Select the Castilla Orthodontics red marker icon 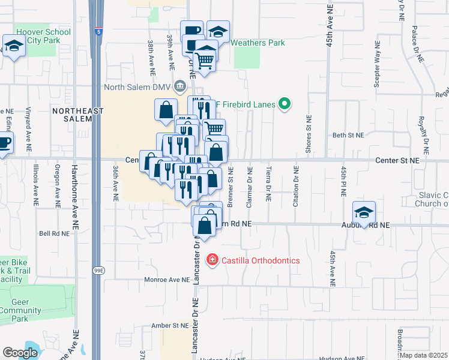212,260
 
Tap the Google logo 20,353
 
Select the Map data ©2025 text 424,355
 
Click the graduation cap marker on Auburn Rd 364,213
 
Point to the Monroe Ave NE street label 166,280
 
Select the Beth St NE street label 348,136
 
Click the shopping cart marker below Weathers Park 205,61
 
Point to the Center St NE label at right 397,161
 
